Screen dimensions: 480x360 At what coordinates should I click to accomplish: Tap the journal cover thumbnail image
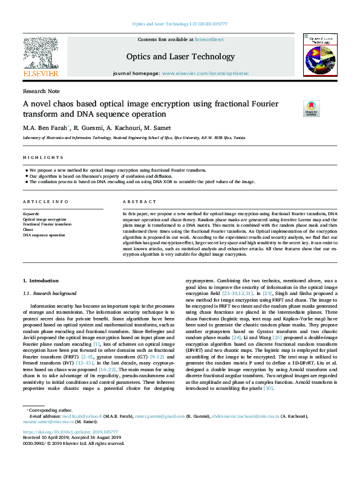pyautogui.click(x=318, y=57)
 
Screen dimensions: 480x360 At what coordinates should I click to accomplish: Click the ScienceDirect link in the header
pyautogui.click(x=209, y=39)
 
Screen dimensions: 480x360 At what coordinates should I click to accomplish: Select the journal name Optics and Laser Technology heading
pyautogui.click(x=180, y=57)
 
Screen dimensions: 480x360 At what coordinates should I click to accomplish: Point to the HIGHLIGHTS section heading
pyautogui.click(x=38, y=157)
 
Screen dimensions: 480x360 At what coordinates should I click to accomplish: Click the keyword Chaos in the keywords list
pyautogui.click(x=28, y=230)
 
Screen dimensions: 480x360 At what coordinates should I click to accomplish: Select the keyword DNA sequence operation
pyautogui.click(x=44, y=235)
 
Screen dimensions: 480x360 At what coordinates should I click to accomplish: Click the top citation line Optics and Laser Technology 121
pyautogui.click(x=180, y=24)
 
